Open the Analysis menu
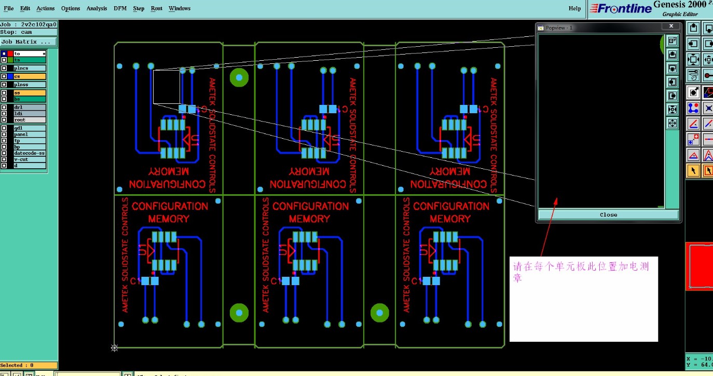97,8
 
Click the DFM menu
120,8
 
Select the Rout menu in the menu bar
157,8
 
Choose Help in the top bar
574,8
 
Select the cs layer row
30,76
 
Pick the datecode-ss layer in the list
30,153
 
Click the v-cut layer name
21,159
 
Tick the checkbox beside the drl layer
4,108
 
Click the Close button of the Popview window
608,214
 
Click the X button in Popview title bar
671,26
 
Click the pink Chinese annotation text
581,271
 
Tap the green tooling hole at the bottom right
380,313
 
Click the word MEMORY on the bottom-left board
169,219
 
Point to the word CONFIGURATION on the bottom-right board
451,206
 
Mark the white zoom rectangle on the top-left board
167,87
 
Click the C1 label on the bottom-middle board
275,281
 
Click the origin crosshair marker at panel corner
115,348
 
